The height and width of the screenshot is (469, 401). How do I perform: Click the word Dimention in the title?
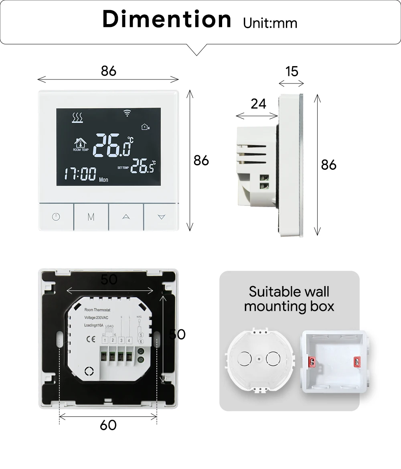[166, 19]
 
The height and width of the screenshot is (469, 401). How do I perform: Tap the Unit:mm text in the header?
[270, 23]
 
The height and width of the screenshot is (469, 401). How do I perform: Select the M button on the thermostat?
[91, 217]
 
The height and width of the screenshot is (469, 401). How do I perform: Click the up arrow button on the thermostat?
[126, 217]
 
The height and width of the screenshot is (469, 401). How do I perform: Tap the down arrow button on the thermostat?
[161, 217]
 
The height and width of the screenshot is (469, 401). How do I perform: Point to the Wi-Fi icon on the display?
[128, 114]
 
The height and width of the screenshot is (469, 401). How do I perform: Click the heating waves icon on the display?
[77, 117]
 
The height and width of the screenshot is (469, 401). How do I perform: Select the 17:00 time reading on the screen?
[80, 175]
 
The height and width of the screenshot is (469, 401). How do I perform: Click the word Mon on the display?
[103, 180]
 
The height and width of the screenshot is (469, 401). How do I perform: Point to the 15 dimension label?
[292, 71]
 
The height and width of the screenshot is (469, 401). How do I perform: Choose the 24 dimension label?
[258, 104]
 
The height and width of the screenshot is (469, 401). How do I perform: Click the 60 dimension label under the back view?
[108, 425]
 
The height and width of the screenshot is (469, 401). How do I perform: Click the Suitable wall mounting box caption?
[289, 299]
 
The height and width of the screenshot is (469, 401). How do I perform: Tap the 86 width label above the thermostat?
[108, 71]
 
